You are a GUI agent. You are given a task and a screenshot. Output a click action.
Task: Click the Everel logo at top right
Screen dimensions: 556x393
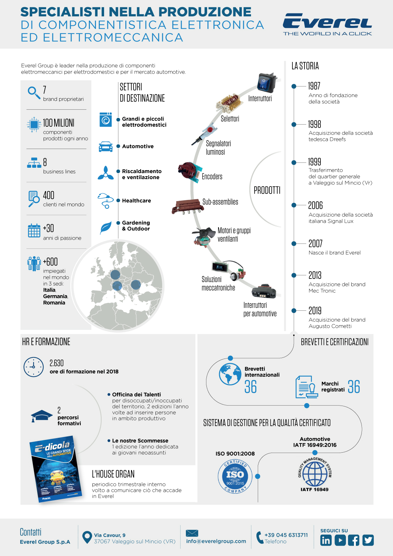point(327,24)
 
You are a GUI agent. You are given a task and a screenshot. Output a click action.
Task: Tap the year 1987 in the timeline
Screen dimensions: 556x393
point(314,86)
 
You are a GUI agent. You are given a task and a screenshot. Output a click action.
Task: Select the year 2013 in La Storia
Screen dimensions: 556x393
point(315,275)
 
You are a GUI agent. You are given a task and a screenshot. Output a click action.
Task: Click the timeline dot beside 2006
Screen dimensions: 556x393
point(294,205)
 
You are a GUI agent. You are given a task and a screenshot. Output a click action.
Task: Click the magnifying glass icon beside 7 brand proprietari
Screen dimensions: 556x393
point(34,92)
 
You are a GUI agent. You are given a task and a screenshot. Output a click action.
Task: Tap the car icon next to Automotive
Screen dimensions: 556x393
point(106,147)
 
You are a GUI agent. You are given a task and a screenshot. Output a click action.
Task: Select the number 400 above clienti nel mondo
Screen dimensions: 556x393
point(49,195)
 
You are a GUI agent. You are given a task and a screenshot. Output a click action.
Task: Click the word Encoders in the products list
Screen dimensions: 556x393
point(212,176)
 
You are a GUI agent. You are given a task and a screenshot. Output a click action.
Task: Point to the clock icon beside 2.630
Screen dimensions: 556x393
point(34,367)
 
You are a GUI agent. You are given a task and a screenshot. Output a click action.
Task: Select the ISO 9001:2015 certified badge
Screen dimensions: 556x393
point(235,476)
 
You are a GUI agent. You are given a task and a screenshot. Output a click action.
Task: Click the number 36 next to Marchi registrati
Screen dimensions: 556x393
point(354,387)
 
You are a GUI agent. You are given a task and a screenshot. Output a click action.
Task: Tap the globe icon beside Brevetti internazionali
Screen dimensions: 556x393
point(230,374)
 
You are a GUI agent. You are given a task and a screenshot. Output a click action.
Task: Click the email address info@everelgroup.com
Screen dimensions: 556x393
point(216,541)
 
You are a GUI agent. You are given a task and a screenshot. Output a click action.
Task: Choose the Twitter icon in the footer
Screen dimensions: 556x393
point(368,540)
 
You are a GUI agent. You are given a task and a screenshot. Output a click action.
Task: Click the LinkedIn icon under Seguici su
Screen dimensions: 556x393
point(326,540)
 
